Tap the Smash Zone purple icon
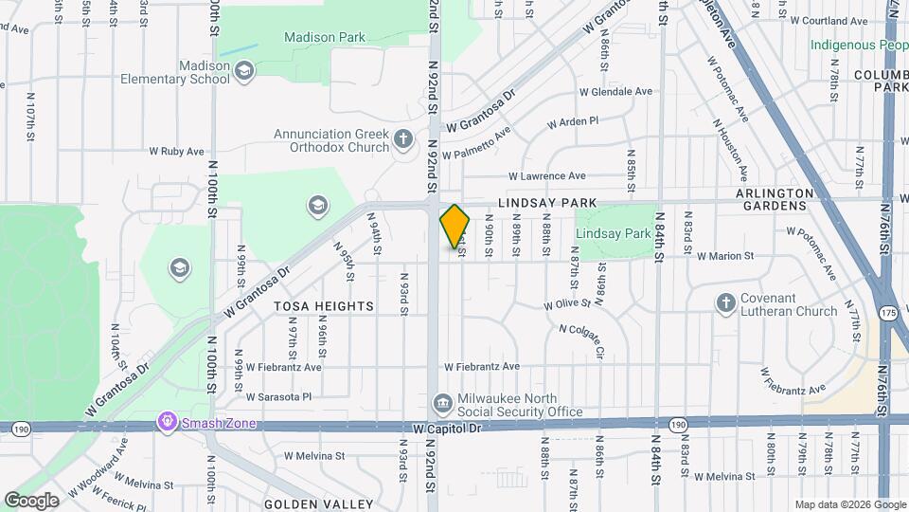(168, 420)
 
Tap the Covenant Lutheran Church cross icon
(726, 302)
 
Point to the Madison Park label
(325, 37)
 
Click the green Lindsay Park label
(613, 233)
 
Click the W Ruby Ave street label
(177, 151)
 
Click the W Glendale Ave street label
(615, 92)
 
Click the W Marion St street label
(725, 256)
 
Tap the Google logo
(31, 500)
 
